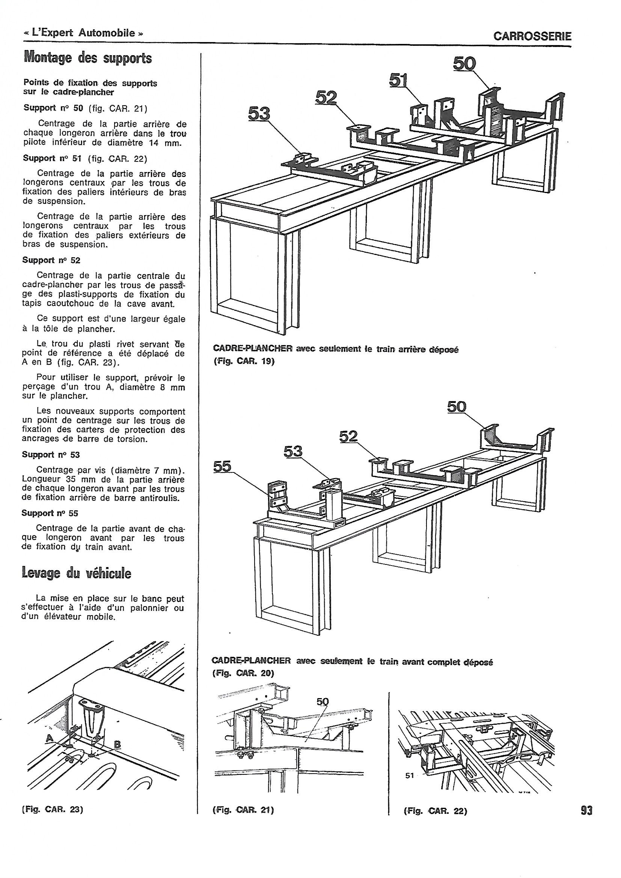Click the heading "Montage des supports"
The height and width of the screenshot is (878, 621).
87,59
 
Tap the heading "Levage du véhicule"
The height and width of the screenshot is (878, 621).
77,573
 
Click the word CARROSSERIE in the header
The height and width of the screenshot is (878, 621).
532,36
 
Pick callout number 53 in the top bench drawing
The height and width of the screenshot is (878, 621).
259,113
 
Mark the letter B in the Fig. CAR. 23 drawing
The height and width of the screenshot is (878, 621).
118,744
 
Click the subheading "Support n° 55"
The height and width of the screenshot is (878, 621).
50,513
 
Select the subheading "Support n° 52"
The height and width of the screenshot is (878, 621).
51,260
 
